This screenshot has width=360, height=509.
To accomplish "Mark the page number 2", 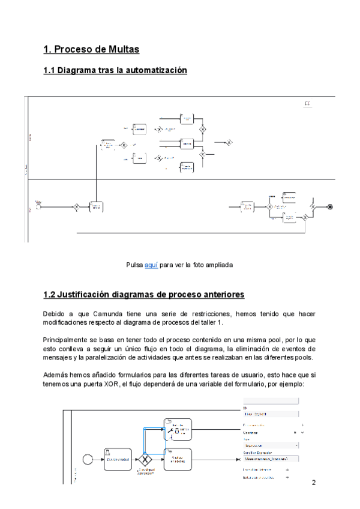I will [x=313, y=483].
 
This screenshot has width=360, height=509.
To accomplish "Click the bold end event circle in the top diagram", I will [x=329, y=206].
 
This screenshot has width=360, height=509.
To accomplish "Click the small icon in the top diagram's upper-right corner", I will [x=308, y=104].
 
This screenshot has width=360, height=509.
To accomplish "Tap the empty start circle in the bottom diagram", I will [x=88, y=460].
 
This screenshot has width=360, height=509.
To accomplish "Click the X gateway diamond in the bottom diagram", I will [x=145, y=460].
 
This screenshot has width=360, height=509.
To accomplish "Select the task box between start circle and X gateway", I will [x=116, y=460].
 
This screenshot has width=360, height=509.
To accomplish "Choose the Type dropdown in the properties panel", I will [x=272, y=445].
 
